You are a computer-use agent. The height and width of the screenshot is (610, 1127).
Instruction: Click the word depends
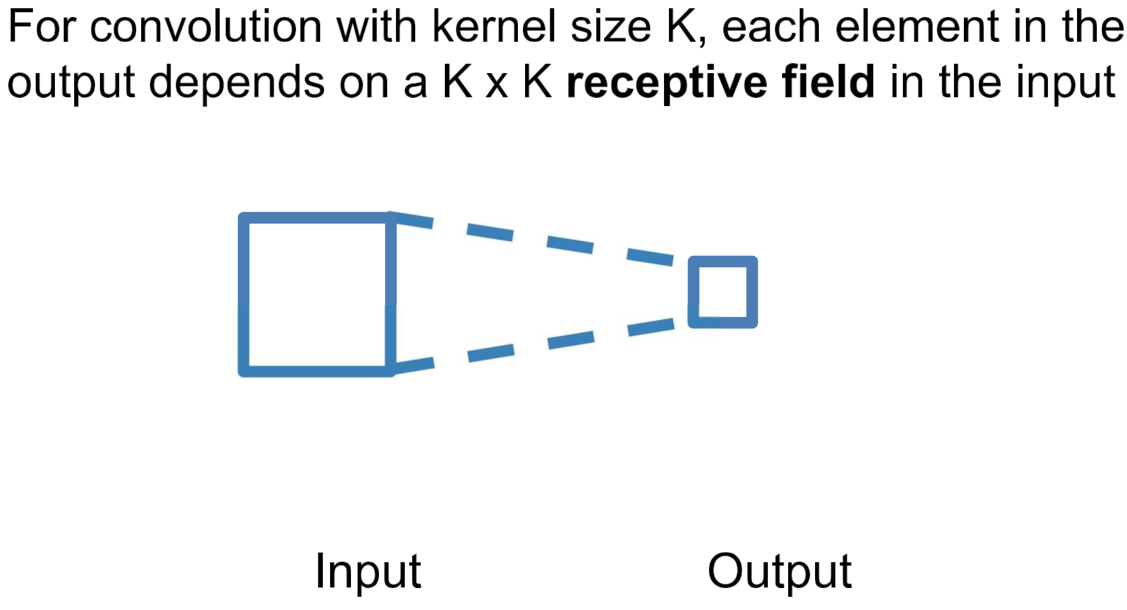pos(237,82)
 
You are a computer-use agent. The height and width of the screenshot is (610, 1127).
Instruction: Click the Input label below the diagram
pos(368,572)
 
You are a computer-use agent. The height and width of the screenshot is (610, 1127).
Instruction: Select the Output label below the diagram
pos(779,572)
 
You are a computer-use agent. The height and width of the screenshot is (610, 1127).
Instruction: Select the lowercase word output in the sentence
pos(71,82)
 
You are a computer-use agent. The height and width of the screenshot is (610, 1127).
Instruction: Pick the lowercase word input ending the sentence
pos(1065,82)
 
